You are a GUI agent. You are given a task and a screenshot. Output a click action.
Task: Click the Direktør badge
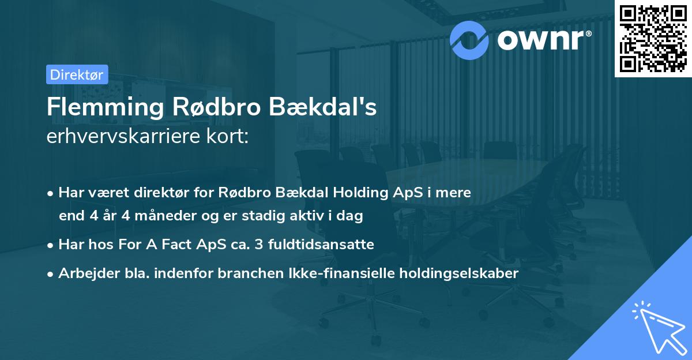coord(77,74)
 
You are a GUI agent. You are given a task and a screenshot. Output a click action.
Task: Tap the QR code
coord(652,39)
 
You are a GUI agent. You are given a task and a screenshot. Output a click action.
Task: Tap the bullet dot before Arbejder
coord(51,274)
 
